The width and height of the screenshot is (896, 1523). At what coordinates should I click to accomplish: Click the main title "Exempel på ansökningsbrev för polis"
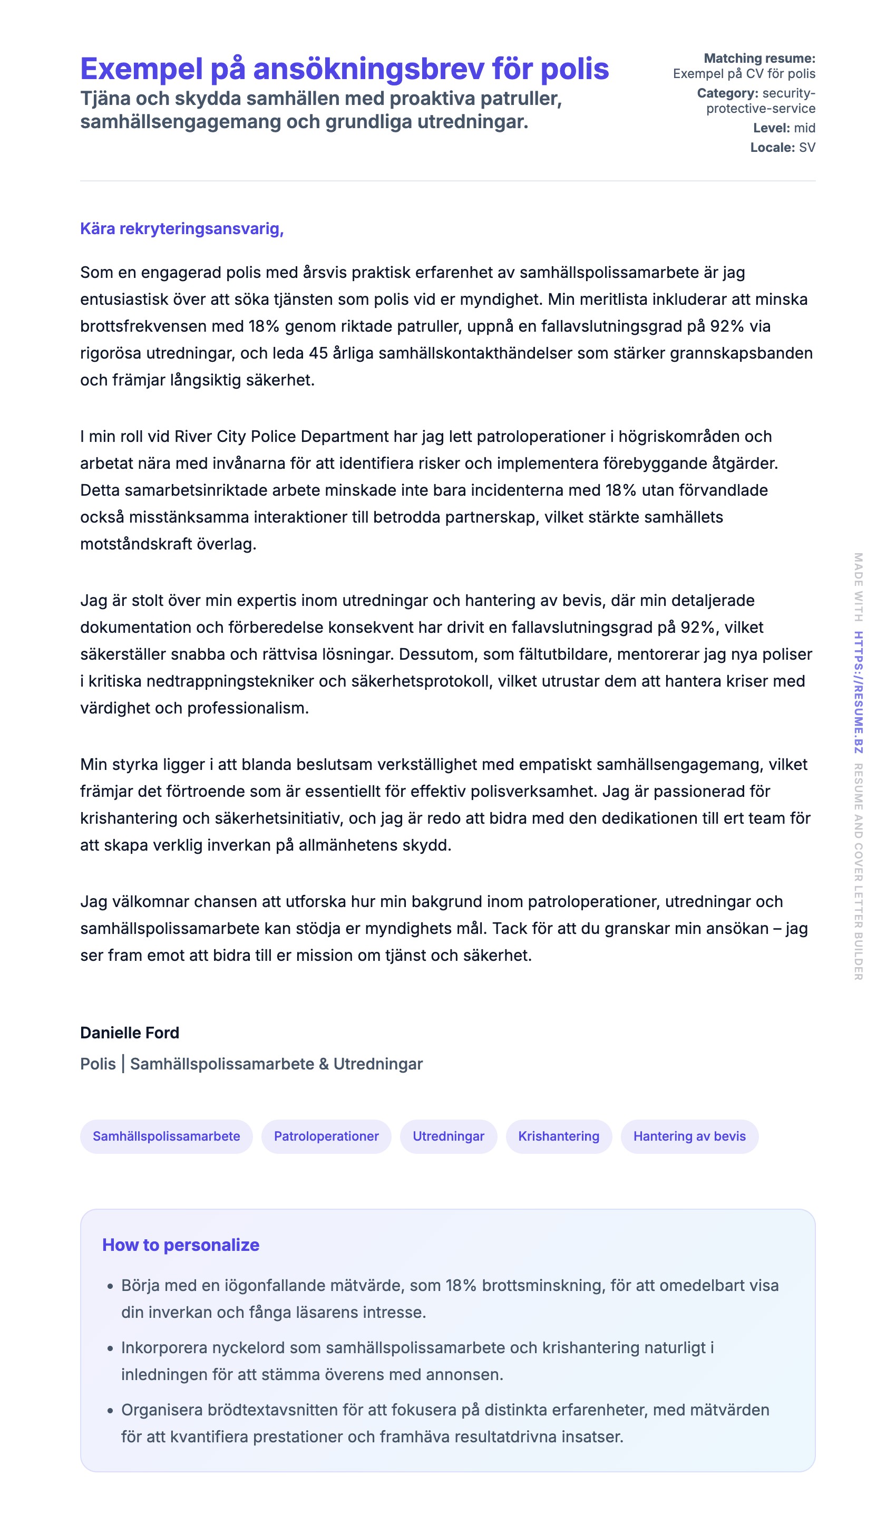tap(344, 69)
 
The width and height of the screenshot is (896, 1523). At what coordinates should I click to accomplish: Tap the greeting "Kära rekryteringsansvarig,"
tap(182, 229)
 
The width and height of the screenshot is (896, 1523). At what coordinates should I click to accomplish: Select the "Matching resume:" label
tap(759, 59)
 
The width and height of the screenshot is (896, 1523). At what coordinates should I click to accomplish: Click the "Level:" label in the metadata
tap(772, 128)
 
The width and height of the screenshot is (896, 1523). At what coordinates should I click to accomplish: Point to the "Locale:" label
tap(772, 148)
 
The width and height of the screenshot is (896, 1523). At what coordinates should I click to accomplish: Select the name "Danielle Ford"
tap(130, 1033)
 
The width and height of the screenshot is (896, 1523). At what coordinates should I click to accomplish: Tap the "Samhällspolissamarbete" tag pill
tap(166, 1136)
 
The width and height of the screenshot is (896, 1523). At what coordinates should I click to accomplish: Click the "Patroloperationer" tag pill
tap(326, 1136)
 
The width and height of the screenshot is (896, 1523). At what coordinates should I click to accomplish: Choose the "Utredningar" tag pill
tap(449, 1136)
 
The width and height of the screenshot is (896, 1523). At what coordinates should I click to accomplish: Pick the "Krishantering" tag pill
tap(559, 1136)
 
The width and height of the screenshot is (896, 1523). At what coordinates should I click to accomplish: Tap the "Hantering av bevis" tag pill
tap(689, 1136)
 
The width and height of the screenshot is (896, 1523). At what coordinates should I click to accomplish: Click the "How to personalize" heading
tap(181, 1245)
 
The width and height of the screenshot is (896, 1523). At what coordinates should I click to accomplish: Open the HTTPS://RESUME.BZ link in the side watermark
tap(859, 692)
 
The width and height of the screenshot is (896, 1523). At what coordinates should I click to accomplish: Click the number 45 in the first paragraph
tap(318, 353)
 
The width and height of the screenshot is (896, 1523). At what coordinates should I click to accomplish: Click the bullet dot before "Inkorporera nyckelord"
tap(110, 1349)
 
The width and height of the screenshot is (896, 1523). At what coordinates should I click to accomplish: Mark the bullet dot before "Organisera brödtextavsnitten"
tap(110, 1411)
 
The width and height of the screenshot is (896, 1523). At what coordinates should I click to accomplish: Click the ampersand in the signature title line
tap(324, 1064)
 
